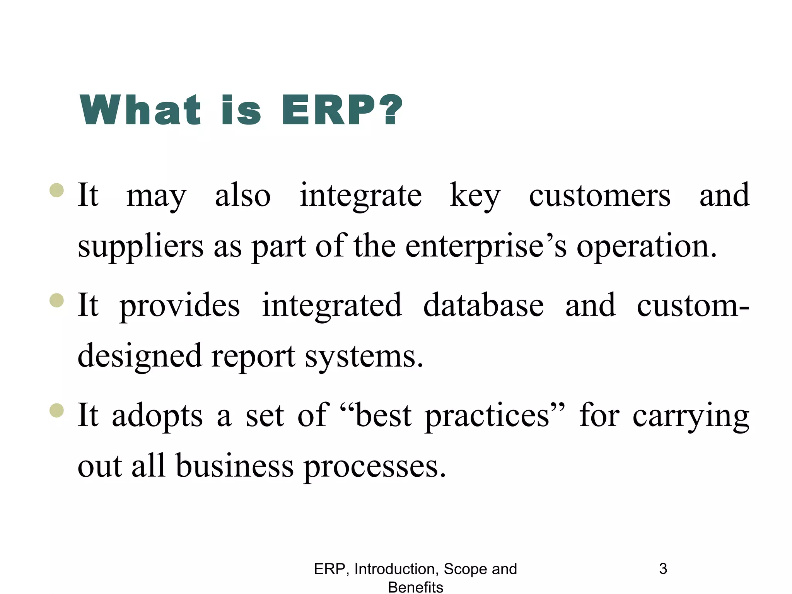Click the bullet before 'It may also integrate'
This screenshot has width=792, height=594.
pyautogui.click(x=57, y=190)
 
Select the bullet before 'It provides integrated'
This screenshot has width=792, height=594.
pyautogui.click(x=57, y=300)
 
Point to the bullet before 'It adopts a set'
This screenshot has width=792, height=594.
pyautogui.click(x=57, y=410)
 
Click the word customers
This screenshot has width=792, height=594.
pyautogui.click(x=599, y=196)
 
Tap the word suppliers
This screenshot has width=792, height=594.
pyautogui.click(x=140, y=247)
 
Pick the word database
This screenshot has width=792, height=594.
pyautogui.click(x=483, y=306)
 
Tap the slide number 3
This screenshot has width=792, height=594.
pyautogui.click(x=663, y=569)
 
